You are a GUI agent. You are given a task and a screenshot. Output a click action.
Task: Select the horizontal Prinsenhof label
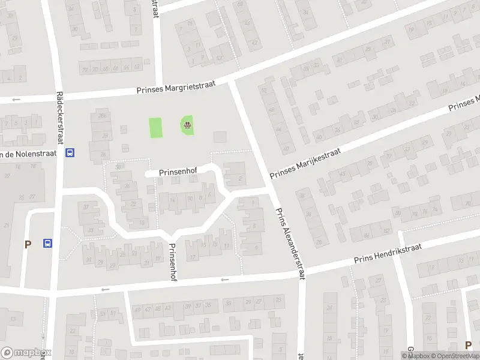click(x=179, y=172)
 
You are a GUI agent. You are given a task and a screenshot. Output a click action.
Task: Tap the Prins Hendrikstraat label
click(x=388, y=253)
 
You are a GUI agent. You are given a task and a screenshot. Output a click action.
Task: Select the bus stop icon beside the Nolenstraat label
click(x=70, y=152)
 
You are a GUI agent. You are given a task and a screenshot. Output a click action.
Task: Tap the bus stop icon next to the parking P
click(x=47, y=243)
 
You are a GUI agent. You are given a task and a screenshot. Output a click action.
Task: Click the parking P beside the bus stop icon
click(x=27, y=244)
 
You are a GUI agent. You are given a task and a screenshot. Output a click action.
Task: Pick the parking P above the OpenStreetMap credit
click(x=468, y=344)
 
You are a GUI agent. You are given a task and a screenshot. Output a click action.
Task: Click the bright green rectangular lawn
click(x=156, y=127)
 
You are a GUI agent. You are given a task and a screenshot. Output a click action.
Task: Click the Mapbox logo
click(x=26, y=352)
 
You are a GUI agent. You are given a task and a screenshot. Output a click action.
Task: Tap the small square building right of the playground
click(x=220, y=137)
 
